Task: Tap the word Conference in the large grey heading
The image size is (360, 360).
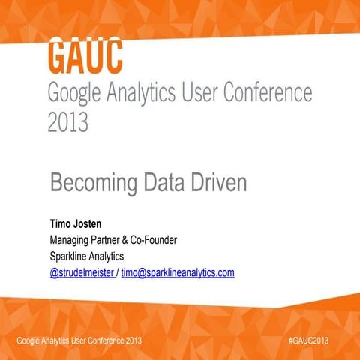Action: point(263,94)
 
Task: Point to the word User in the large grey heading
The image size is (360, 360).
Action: point(193,94)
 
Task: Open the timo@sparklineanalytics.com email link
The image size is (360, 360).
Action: point(178,272)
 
